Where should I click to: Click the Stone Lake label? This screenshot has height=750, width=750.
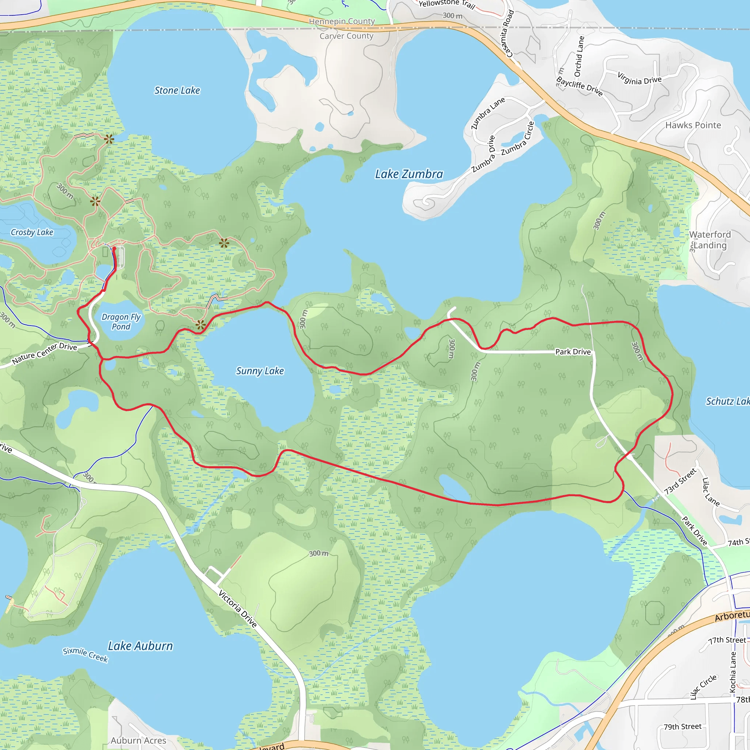tap(177, 90)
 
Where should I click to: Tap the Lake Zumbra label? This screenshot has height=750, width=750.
tap(409, 174)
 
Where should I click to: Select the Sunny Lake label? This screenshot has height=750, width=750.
tap(260, 371)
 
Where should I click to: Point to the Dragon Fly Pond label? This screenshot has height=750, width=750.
tap(121, 322)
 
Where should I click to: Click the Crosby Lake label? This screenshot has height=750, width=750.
tap(32, 233)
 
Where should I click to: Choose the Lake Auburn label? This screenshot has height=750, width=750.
tap(140, 646)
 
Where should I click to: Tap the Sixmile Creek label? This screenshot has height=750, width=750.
tap(85, 655)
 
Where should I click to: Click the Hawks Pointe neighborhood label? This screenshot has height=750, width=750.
tap(693, 125)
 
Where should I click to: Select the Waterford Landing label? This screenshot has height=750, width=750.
tap(710, 240)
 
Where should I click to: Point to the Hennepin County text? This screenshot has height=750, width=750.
tap(342, 21)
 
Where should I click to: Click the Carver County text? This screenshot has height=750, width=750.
tap(346, 36)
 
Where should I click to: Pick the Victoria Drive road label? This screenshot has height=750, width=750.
tap(238, 609)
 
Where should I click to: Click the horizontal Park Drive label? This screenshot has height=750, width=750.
tap(573, 352)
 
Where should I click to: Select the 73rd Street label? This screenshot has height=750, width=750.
tap(680, 482)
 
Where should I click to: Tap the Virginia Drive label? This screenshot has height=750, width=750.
tap(639, 79)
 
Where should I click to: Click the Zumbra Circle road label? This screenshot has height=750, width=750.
tap(519, 139)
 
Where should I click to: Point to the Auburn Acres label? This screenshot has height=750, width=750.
tap(138, 741)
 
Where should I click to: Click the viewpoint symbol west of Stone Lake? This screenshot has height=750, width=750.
tap(109, 139)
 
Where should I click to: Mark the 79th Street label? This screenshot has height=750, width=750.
tap(683, 727)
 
